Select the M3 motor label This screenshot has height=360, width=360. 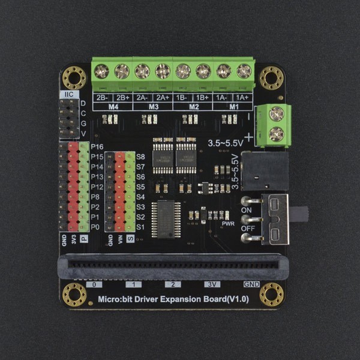point(152,106)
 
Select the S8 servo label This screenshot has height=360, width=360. point(141,157)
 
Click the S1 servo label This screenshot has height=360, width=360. point(141,227)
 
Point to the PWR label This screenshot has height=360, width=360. point(228,224)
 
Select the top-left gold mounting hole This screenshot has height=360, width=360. point(74,78)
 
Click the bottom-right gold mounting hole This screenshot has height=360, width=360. point(271,294)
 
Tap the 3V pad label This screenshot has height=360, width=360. point(210,284)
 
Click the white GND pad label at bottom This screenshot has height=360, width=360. point(251,284)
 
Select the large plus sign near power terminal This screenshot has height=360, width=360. point(248,137)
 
